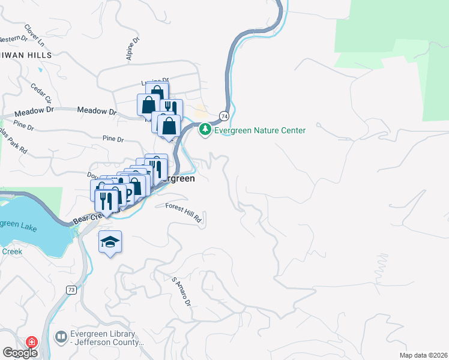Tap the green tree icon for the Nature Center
pos(205,130)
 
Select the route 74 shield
pos(224,116)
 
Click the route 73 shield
pos(71,290)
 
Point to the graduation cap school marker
pos(110,242)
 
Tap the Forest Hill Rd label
pos(184,212)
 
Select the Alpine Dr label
pos(133,49)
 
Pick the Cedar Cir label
pos(41,92)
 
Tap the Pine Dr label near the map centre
pos(112,139)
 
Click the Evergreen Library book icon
pos(61,338)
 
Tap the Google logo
pos(20,353)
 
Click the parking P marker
pos(128,196)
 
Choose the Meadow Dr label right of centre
pos(97,111)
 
